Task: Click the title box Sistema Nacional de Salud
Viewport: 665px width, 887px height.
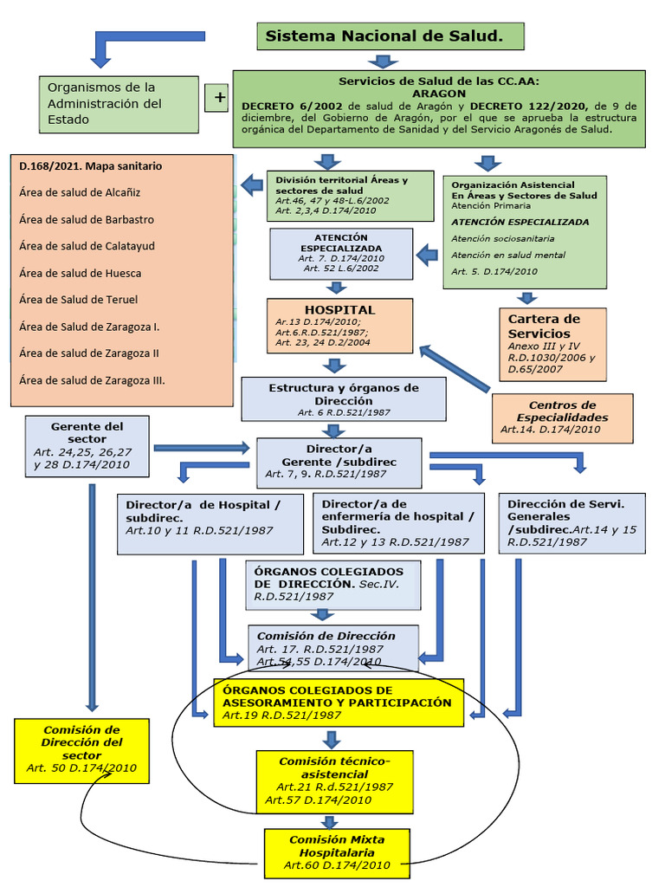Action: (x=391, y=36)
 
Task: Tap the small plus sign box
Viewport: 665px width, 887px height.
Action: (x=216, y=98)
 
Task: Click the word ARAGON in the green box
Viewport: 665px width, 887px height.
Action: (x=439, y=93)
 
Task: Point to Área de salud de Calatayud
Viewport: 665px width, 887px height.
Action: (x=87, y=246)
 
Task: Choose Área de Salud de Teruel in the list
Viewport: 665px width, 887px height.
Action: (x=78, y=300)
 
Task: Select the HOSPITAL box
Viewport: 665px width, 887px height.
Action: (x=339, y=325)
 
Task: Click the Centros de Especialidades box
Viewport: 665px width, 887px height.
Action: (x=562, y=418)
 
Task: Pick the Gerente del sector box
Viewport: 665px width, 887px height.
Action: (x=87, y=445)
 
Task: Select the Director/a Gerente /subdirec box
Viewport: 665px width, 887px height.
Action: (x=339, y=462)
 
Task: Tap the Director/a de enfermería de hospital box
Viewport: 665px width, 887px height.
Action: (x=398, y=523)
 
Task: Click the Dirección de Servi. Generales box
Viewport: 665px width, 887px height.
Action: (x=571, y=523)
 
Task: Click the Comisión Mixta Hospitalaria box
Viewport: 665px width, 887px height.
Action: (x=337, y=851)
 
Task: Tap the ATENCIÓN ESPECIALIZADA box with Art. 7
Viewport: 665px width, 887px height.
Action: (x=340, y=253)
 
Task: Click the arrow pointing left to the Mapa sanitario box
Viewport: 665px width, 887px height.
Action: (x=253, y=184)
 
